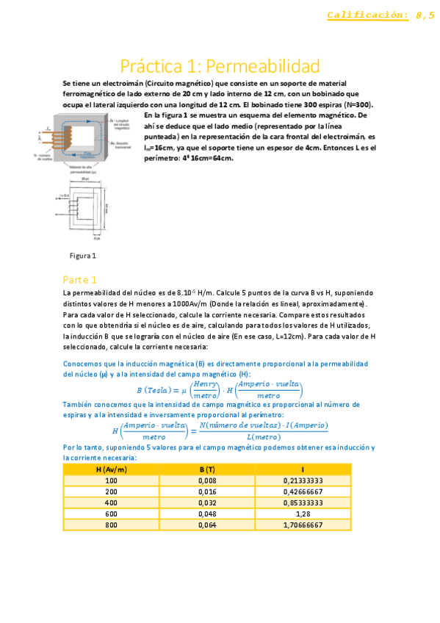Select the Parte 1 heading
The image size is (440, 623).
(x=79, y=280)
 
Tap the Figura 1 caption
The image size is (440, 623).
(x=83, y=256)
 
